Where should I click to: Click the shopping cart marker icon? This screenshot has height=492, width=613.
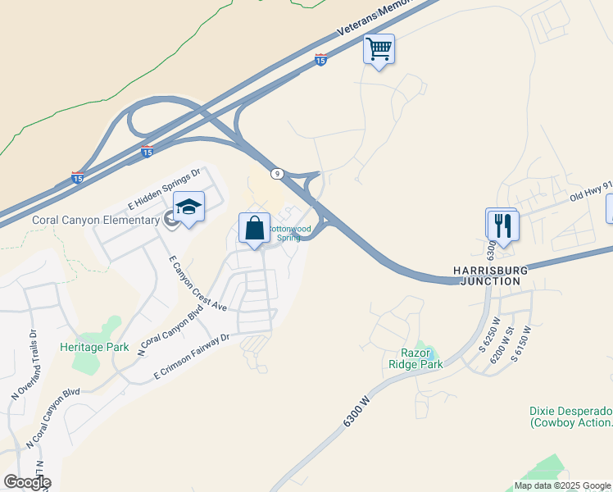coord(379,49)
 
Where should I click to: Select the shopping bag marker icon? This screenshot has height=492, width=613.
coord(254,227)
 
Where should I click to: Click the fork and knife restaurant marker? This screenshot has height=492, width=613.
coord(503,225)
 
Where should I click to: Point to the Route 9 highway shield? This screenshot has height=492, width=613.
coord(278,173)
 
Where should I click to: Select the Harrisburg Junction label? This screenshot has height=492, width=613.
coord(487,275)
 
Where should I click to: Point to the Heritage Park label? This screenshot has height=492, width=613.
coord(94,347)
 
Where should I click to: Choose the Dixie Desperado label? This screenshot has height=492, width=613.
coord(570,417)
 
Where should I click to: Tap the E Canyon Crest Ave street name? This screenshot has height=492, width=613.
coord(197,283)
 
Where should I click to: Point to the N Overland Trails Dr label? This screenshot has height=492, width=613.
coord(25,364)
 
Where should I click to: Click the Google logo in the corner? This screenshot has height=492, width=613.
coord(26,481)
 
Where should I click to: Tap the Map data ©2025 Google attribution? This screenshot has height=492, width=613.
coord(562,485)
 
